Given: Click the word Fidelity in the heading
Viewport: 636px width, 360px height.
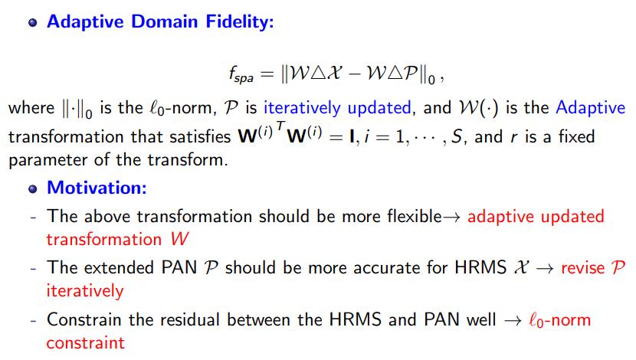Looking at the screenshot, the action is tap(240, 22).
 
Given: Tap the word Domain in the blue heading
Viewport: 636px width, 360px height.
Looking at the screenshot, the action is tap(164, 21).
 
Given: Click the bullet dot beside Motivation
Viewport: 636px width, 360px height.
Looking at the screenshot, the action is tap(33, 188).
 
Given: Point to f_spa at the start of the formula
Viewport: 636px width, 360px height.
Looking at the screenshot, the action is tap(241, 74).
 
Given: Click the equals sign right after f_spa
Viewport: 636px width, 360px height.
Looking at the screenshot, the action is tap(267, 74).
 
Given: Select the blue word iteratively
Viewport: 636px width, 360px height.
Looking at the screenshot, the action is tap(302, 108).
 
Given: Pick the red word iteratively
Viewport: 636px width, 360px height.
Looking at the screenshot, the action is tap(85, 291).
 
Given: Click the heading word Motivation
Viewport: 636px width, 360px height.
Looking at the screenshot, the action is tap(97, 188).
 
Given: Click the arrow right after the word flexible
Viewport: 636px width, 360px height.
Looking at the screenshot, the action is tap(451, 218).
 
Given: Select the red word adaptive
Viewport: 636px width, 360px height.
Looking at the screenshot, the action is tap(500, 217).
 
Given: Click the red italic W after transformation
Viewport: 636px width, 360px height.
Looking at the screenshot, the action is tap(179, 239).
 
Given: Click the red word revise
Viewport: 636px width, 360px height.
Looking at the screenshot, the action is tap(583, 268).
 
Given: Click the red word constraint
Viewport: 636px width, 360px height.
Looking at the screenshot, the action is tap(86, 343).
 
